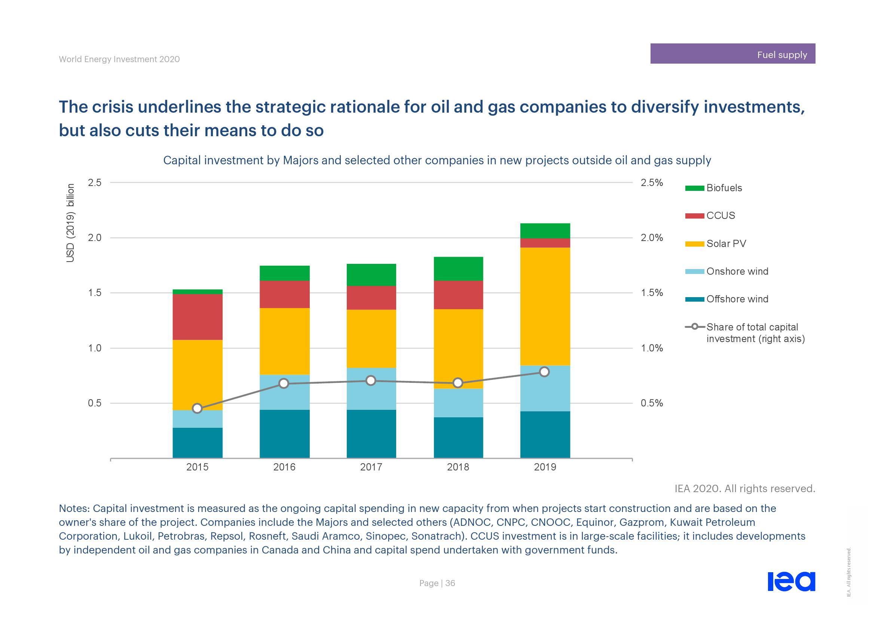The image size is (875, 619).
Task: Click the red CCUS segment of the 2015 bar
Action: click(198, 317)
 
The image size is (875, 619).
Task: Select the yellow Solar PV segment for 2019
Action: click(545, 306)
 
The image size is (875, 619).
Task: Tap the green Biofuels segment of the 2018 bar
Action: click(458, 269)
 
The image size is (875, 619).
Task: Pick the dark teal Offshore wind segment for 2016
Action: click(284, 434)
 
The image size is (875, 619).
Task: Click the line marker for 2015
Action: click(197, 409)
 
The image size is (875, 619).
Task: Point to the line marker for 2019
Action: click(545, 372)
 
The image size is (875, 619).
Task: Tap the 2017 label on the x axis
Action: click(371, 467)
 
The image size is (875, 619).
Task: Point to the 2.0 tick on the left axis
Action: click(95, 238)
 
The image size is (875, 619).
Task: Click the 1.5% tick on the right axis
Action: click(652, 293)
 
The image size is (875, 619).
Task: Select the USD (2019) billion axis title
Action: click(70, 223)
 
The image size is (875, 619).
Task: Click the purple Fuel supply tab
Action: click(732, 54)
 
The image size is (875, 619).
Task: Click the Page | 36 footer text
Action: click(437, 583)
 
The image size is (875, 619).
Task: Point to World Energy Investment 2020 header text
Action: click(119, 60)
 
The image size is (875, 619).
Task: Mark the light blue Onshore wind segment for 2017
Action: click(371, 389)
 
